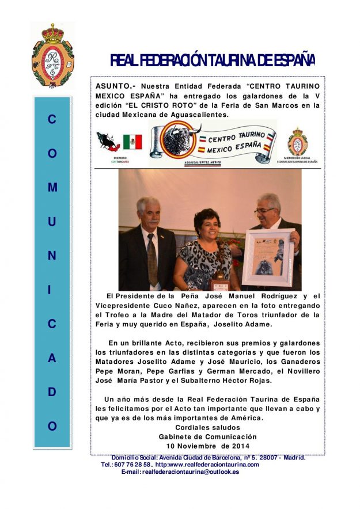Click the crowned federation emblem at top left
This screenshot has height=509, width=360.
point(52,56)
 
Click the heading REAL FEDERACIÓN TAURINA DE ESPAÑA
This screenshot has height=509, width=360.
point(213,60)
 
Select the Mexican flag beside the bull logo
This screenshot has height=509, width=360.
point(132,142)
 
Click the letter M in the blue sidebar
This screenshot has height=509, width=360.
point(52,188)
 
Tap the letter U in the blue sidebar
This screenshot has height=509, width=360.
point(52,222)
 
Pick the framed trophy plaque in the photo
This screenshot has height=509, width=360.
point(268,259)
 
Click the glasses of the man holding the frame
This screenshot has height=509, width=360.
point(266,210)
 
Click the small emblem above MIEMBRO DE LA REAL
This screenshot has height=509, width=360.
point(298,142)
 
